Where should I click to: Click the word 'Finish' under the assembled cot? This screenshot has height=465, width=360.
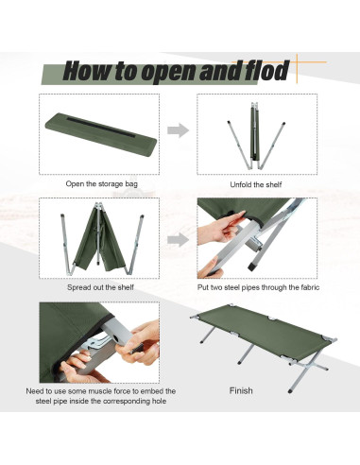pyautogui.click(x=242, y=389)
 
